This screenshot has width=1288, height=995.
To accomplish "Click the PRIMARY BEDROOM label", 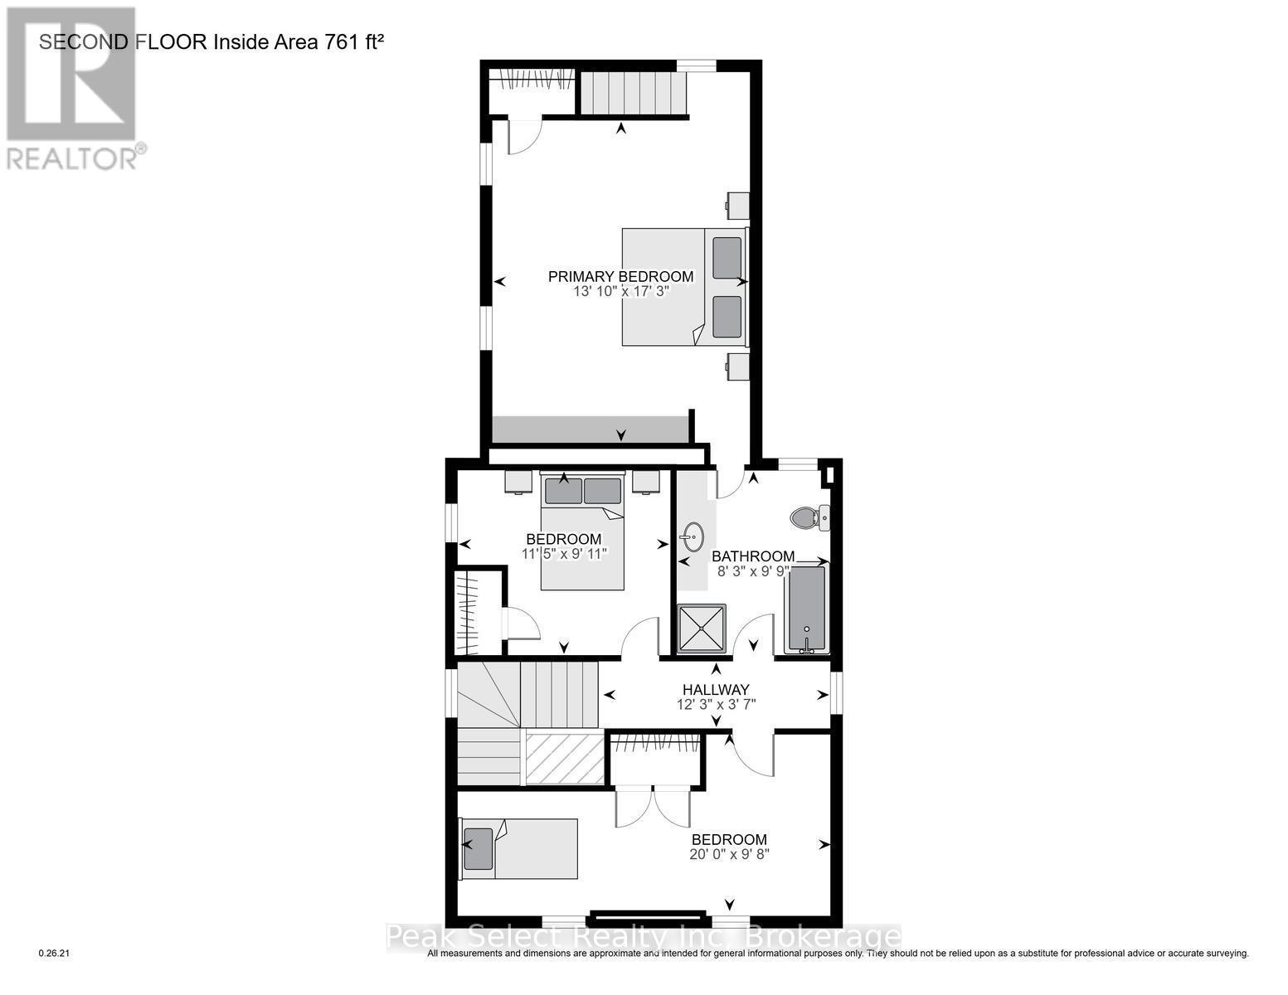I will pyautogui.click(x=620, y=276).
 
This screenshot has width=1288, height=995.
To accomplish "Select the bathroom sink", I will pyautogui.click(x=693, y=536).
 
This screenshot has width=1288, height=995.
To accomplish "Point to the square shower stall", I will pyautogui.click(x=702, y=629).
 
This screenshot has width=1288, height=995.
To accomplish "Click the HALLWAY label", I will pyautogui.click(x=716, y=689).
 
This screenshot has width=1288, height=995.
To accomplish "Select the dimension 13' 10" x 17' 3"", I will pyautogui.click(x=620, y=292).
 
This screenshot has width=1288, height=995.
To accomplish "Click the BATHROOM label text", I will pyautogui.click(x=753, y=556).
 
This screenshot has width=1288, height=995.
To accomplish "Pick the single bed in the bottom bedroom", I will pyautogui.click(x=520, y=848).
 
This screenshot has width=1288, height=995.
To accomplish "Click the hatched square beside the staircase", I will pyautogui.click(x=565, y=758).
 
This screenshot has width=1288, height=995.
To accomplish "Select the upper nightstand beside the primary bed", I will pyautogui.click(x=738, y=206).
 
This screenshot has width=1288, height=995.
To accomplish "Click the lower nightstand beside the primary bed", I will pyautogui.click(x=738, y=366).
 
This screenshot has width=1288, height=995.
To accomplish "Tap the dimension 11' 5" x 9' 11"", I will pyautogui.click(x=564, y=554).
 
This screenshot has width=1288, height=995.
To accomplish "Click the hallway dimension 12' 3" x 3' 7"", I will pyautogui.click(x=716, y=705).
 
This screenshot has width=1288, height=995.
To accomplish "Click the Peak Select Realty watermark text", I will pyautogui.click(x=644, y=937).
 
